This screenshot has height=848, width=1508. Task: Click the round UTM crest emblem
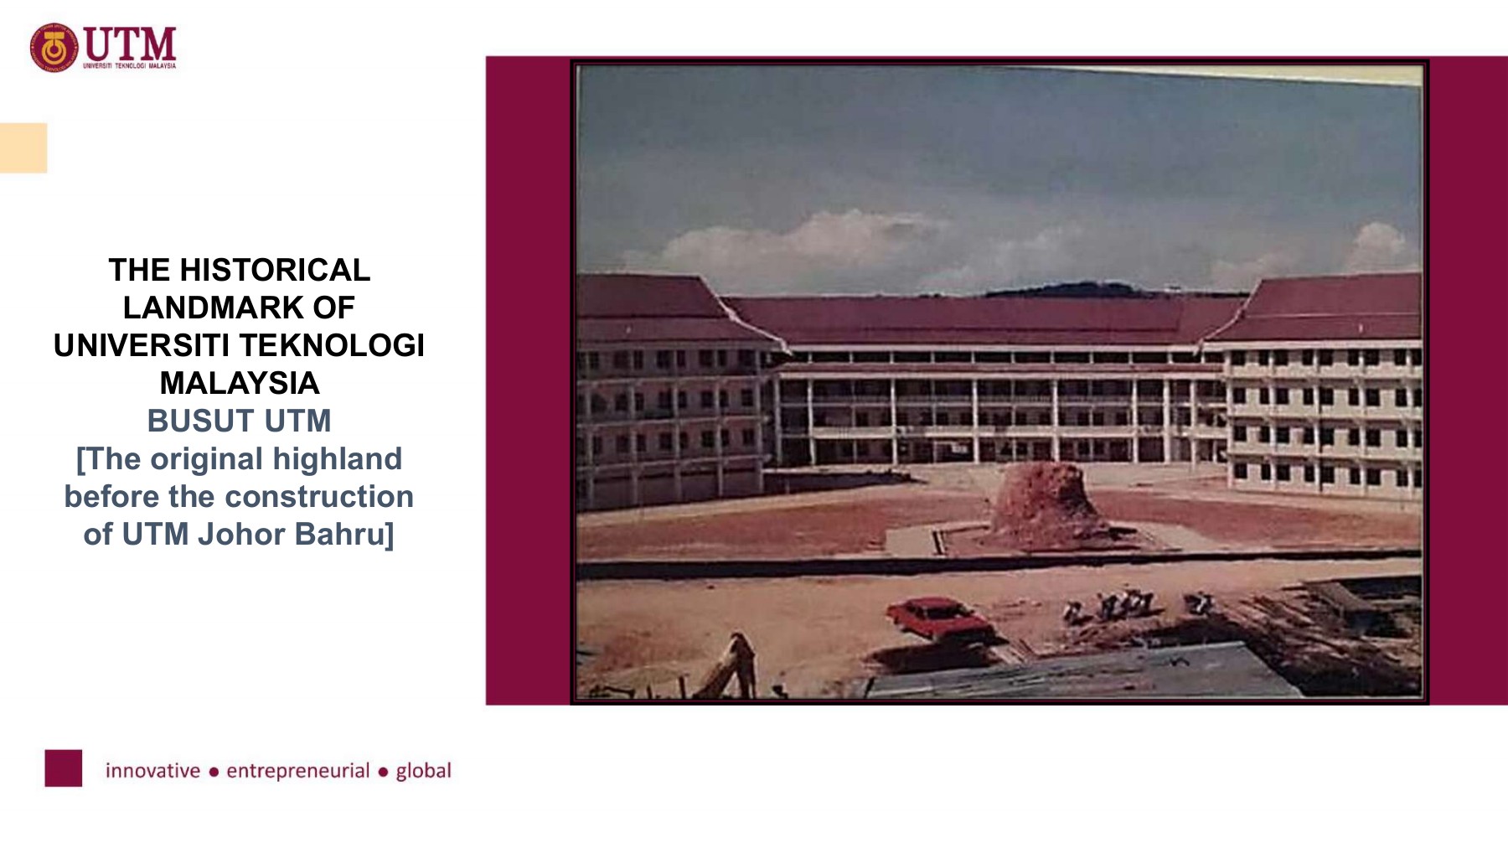tap(54, 48)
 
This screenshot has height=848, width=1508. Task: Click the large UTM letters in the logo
tap(130, 43)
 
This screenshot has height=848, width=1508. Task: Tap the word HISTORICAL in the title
tap(275, 270)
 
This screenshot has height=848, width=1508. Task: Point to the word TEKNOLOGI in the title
tap(332, 345)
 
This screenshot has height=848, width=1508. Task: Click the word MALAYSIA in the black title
tap(240, 383)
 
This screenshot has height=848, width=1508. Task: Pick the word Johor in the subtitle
tap(241, 534)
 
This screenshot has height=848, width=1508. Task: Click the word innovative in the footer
tap(152, 770)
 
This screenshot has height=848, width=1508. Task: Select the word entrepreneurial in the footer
tap(297, 770)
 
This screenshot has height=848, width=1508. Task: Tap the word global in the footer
tap(423, 770)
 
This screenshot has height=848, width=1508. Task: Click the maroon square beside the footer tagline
tap(64, 768)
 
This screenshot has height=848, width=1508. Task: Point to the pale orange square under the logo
tap(23, 147)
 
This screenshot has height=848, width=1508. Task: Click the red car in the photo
tap(937, 617)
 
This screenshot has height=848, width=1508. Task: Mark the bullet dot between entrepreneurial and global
tap(383, 772)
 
